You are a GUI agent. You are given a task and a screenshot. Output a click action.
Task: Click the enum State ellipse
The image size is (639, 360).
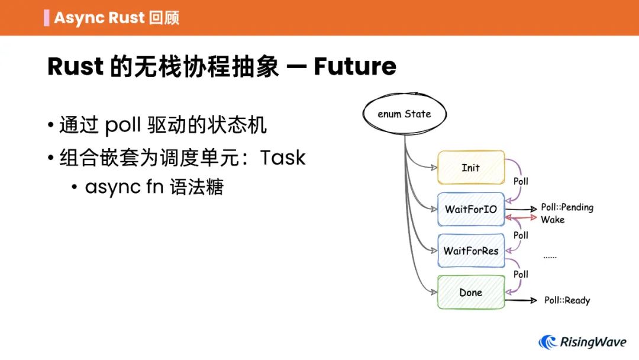404,114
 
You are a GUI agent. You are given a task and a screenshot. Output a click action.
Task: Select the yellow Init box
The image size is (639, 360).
471,168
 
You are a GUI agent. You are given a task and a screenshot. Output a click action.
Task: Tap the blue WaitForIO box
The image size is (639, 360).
471,209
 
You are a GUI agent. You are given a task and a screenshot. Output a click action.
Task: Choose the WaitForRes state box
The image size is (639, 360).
471,250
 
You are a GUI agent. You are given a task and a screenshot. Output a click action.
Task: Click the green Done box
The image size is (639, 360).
471,292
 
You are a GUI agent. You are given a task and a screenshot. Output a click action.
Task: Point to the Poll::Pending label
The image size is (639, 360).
567,207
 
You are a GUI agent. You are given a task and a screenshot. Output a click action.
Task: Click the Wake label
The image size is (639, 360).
553,220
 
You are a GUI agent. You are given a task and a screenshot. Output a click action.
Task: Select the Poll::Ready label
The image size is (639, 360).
567,300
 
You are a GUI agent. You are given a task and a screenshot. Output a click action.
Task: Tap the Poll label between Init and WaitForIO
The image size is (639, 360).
521,181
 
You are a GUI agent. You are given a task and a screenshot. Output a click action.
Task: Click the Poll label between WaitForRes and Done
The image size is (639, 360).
521,274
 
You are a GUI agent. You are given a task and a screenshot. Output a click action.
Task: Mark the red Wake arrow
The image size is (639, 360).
521,218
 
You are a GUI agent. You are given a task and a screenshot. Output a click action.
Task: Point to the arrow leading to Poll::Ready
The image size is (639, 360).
521,300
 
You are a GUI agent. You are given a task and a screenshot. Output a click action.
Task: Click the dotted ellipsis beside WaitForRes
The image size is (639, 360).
550,257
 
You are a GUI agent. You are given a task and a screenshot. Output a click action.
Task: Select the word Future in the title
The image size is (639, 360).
354,66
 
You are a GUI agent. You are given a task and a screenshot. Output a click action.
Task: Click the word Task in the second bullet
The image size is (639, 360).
283,157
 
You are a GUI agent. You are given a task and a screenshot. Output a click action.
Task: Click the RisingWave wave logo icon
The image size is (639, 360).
547,342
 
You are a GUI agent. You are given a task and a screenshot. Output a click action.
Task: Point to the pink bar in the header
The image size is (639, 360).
46,17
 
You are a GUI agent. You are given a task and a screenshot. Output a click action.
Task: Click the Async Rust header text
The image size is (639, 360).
99,17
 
